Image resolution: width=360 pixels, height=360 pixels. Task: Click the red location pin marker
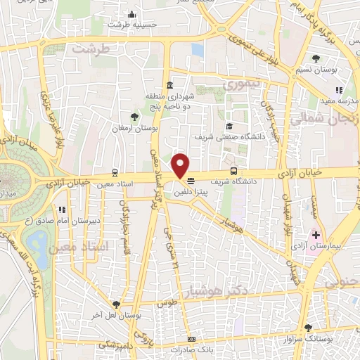pyautogui.click(x=181, y=166)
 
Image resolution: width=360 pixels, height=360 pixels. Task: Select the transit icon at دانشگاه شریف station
pyautogui.click(x=233, y=171)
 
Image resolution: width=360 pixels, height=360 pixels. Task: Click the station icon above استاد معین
pyautogui.click(x=115, y=172)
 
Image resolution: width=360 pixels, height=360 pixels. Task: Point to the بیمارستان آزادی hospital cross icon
pyautogui.click(x=316, y=234)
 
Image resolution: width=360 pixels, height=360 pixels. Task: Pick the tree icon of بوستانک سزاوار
pyautogui.click(x=307, y=327)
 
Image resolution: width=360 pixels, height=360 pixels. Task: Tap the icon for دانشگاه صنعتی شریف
pyautogui.click(x=229, y=127)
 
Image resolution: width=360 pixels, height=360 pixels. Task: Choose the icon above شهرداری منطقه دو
pyautogui.click(x=169, y=85)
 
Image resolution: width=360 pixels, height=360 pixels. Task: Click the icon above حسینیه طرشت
pyautogui.click(x=131, y=15)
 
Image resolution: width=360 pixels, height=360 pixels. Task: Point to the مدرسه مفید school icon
pyautogui.click(x=339, y=90)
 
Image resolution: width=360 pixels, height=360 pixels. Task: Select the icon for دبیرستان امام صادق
pyautogui.click(x=63, y=209)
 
